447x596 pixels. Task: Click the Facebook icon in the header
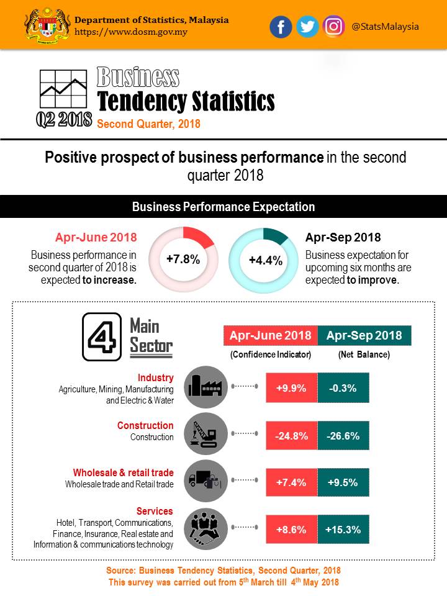tap(281, 27)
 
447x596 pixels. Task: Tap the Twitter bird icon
tap(307, 27)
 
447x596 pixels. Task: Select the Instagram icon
tap(334, 27)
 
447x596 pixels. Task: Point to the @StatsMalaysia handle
tap(385, 27)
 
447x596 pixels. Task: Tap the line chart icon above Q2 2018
tap(63, 89)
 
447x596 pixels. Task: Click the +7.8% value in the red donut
tap(183, 260)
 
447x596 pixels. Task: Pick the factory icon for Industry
tap(207, 386)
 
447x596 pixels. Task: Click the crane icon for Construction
tap(207, 433)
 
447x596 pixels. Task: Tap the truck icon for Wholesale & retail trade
tap(207, 481)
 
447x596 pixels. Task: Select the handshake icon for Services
tap(207, 528)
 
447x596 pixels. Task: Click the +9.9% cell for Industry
tap(291, 389)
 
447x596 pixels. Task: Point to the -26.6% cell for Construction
tap(343, 436)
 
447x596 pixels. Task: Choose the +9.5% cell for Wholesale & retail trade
tap(343, 483)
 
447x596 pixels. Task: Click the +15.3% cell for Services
tap(343, 530)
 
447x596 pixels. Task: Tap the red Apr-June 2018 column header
tap(270, 336)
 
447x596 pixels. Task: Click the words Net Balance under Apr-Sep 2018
tap(364, 354)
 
